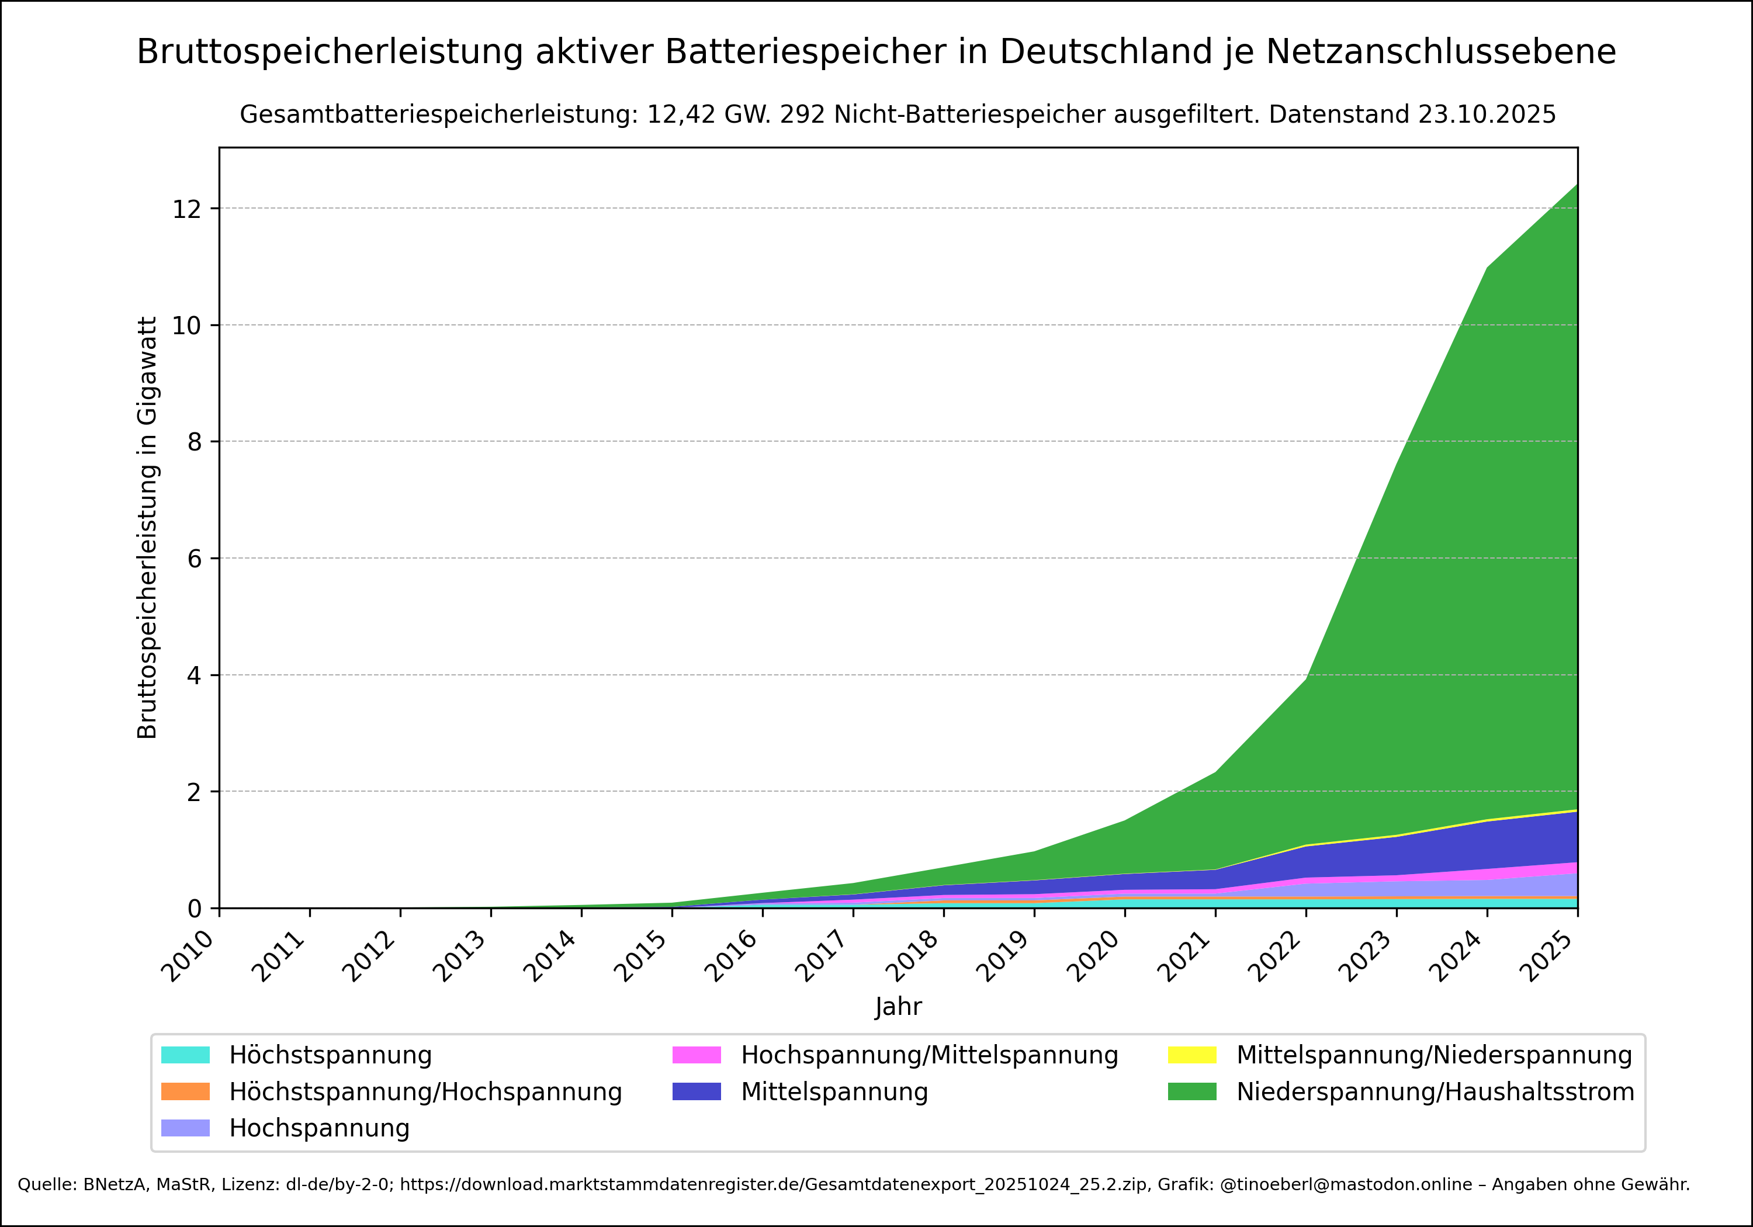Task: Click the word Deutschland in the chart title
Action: [1106, 53]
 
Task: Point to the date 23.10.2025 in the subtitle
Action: [1487, 115]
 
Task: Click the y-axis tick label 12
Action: [186, 209]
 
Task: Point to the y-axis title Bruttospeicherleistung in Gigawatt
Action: [147, 528]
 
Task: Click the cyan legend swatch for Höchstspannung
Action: [186, 1055]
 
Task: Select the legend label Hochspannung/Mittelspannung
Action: [929, 1055]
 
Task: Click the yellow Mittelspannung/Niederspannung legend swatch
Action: [1192, 1055]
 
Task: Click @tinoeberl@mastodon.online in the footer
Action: [1352, 1184]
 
